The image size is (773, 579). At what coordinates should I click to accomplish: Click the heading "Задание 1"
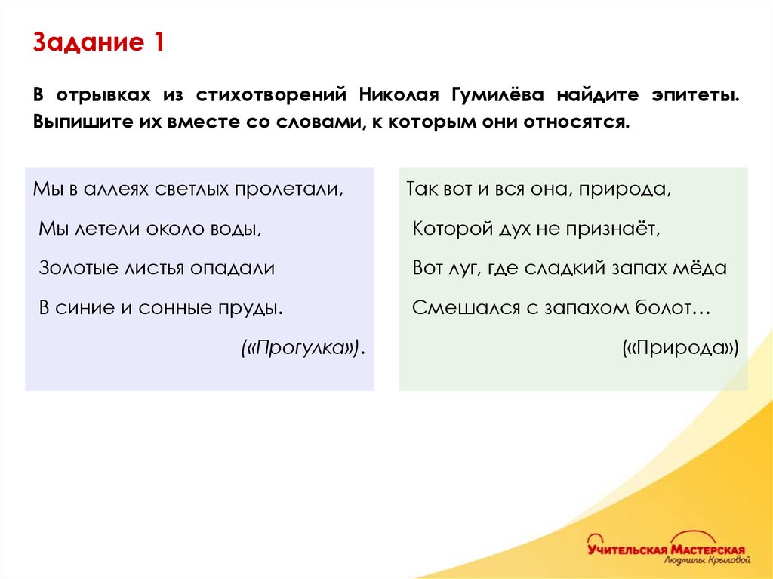click(x=98, y=43)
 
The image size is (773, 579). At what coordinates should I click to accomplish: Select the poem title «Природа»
click(x=680, y=347)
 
